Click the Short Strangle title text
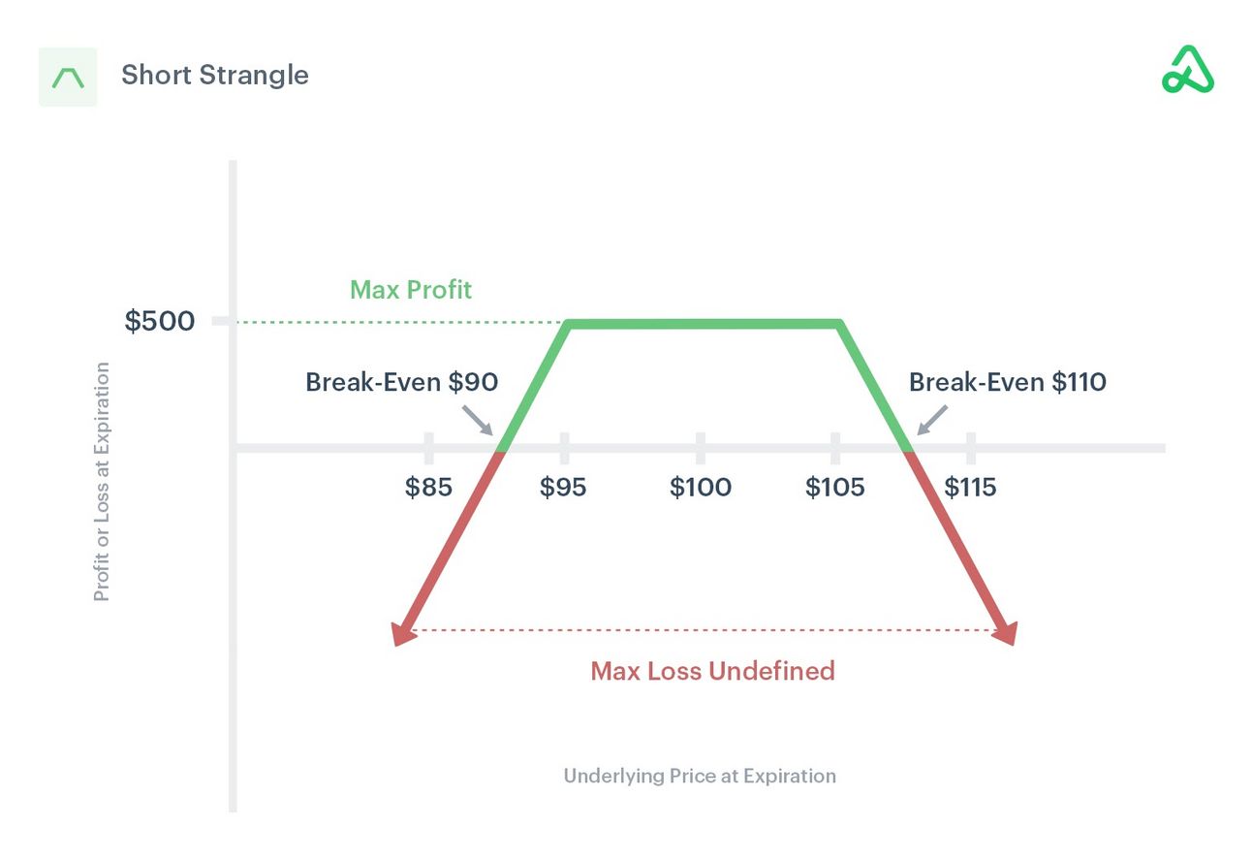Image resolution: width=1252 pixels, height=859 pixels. [214, 76]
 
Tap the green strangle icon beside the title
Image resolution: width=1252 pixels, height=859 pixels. [68, 77]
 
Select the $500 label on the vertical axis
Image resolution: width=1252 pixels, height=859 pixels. [159, 321]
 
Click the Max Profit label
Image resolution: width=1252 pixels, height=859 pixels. [411, 289]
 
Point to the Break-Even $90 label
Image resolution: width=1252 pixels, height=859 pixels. [401, 382]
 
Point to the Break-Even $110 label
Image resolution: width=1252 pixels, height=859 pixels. [1007, 382]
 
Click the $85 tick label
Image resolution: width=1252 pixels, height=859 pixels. [428, 487]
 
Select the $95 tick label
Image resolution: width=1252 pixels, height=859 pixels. [563, 487]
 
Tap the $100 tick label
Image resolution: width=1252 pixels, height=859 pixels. [700, 487]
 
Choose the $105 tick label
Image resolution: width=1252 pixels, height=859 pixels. [834, 487]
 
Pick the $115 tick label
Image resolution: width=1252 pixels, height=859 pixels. [970, 487]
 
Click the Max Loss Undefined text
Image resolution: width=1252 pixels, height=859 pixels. [712, 671]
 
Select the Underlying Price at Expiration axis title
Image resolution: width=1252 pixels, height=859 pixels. [700, 776]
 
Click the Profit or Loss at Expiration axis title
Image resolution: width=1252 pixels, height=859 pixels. [102, 482]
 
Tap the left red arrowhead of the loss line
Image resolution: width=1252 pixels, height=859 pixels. [400, 631]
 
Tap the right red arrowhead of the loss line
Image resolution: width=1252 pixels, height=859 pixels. [1007, 631]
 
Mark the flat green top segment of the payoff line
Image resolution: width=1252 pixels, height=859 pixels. [704, 324]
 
